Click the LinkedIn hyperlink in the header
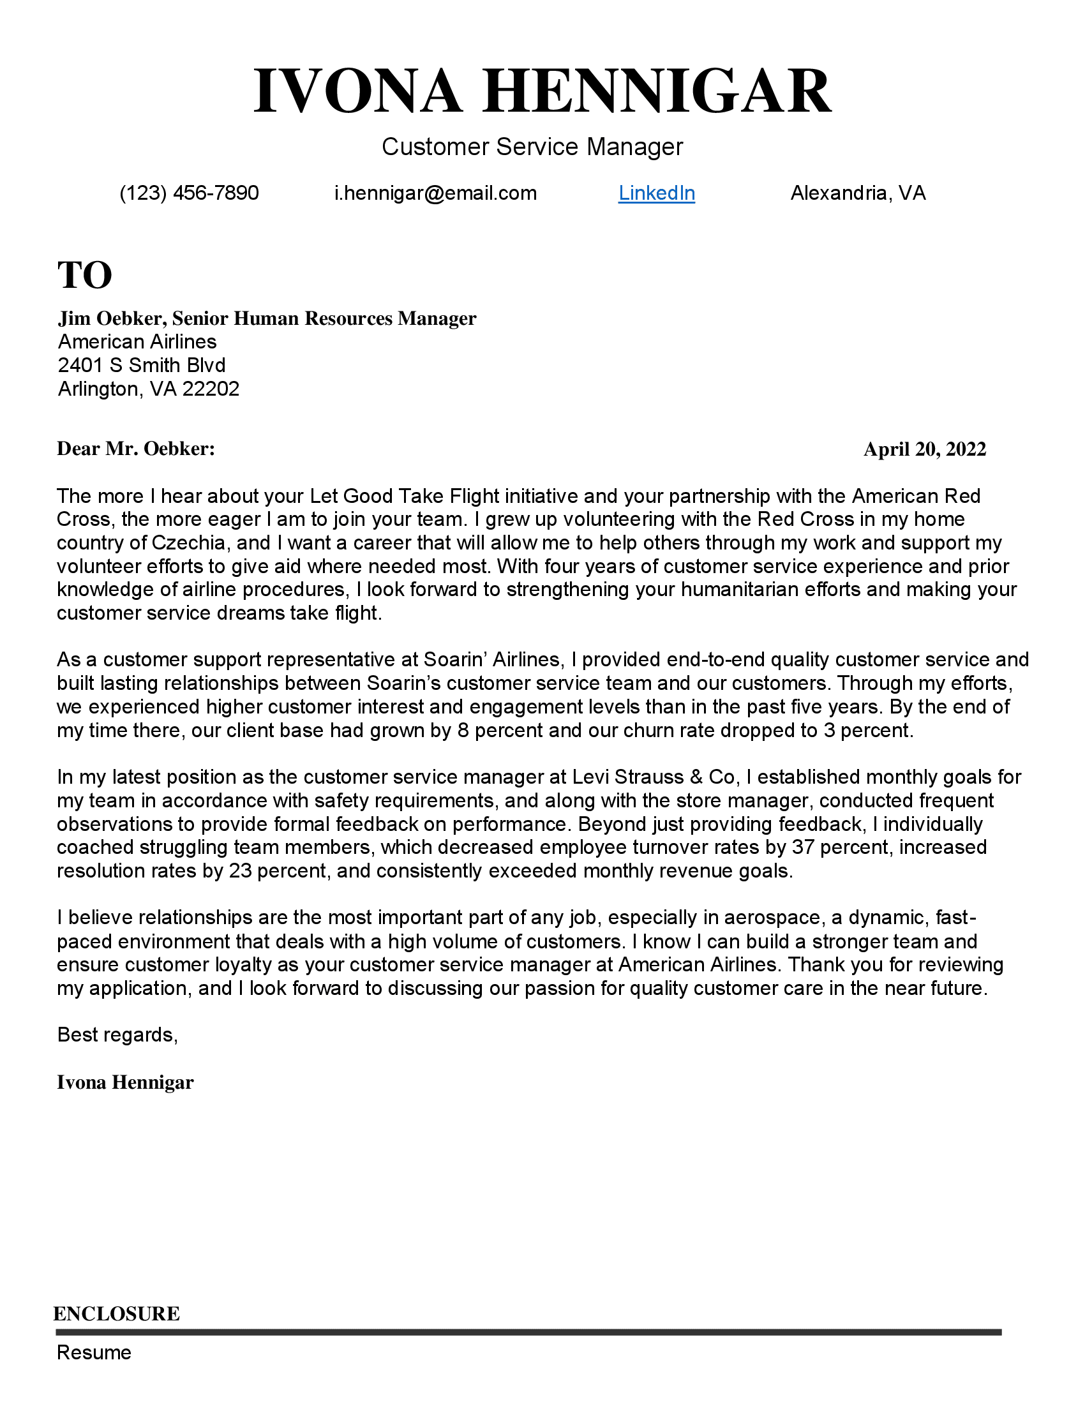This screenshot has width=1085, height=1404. [x=656, y=193]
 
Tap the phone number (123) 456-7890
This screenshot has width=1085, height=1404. [x=189, y=193]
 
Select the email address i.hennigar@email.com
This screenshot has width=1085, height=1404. [x=435, y=193]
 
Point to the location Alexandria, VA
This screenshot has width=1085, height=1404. [x=857, y=193]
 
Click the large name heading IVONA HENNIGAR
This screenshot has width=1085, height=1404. [x=542, y=91]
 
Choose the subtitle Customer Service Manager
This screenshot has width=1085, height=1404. [x=532, y=147]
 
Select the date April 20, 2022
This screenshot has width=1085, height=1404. [x=924, y=449]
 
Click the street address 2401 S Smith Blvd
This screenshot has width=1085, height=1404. [x=142, y=365]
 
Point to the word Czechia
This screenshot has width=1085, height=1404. [x=189, y=542]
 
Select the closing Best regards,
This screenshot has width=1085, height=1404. [x=117, y=1034]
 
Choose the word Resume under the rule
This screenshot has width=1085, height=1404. [x=94, y=1352]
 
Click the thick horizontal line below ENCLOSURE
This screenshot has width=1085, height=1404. [x=528, y=1331]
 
